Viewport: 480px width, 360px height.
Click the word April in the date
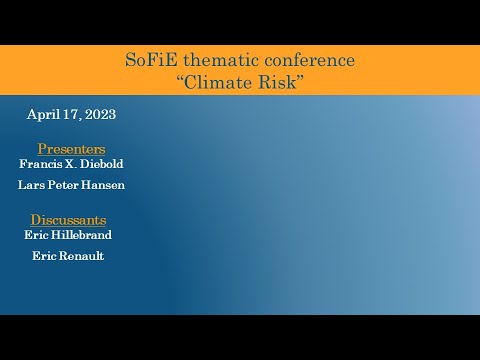tap(42, 114)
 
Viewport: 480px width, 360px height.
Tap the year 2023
tap(100, 114)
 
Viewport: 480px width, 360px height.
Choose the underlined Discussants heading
tap(68, 219)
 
